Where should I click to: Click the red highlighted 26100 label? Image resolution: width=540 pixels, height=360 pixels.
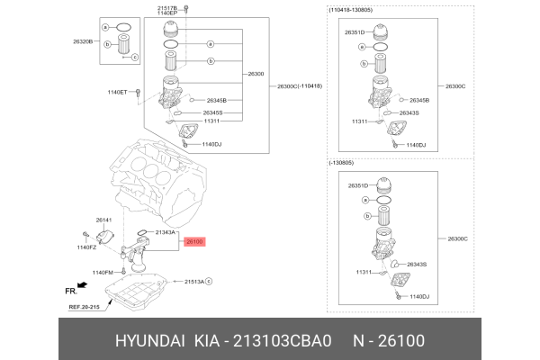tap(195, 241)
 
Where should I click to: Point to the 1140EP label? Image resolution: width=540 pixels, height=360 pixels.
tap(167, 13)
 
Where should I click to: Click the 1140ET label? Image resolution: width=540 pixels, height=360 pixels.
tap(118, 92)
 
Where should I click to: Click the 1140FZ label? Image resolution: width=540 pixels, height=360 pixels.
tap(86, 247)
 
